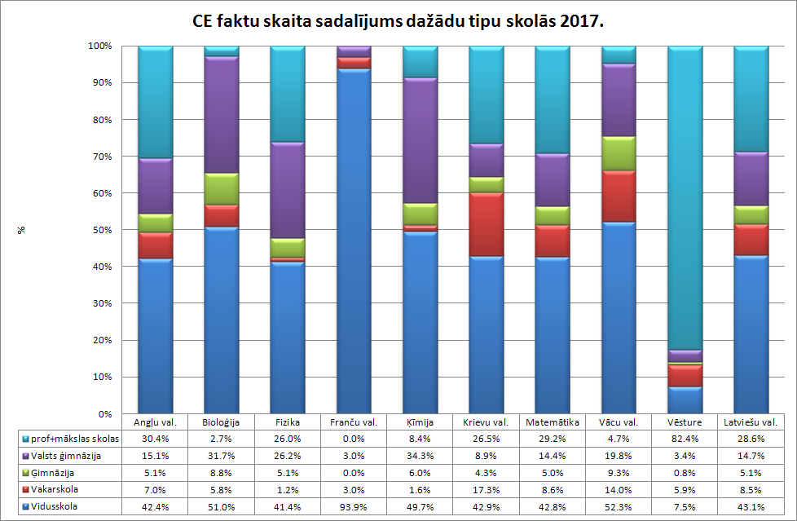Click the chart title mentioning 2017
click(398, 21)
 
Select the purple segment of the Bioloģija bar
click(221, 115)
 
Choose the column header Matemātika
click(553, 422)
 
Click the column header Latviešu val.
click(751, 422)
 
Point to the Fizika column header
click(287, 422)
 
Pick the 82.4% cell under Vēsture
click(685, 439)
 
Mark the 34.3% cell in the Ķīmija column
click(420, 455)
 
